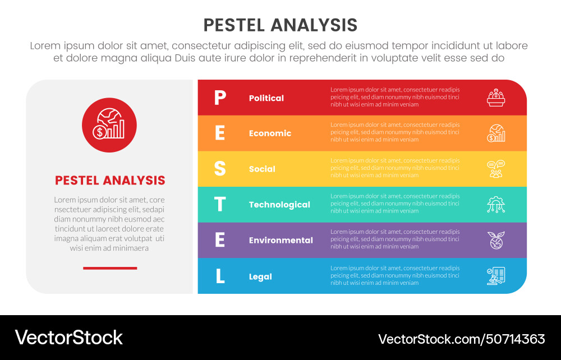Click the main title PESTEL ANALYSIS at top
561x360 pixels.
(x=280, y=25)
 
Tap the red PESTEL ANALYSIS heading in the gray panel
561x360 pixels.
(x=110, y=181)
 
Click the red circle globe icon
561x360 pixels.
(x=109, y=124)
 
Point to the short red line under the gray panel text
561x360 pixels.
(x=110, y=268)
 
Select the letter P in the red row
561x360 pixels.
(x=220, y=98)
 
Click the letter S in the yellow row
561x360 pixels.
(x=220, y=169)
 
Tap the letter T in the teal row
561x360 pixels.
(x=220, y=205)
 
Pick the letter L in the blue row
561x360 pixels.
(x=220, y=276)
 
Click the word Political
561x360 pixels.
(x=266, y=98)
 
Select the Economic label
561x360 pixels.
(x=270, y=133)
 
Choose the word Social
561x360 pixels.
(x=262, y=169)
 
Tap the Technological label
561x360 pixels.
(x=279, y=205)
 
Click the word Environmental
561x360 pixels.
(x=281, y=240)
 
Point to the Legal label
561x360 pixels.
(x=260, y=276)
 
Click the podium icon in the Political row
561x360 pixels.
(x=496, y=98)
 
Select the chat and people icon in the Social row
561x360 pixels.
(x=496, y=169)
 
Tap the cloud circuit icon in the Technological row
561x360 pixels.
(x=496, y=205)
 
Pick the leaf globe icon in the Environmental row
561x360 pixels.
(x=496, y=240)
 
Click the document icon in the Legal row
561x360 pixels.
(x=496, y=276)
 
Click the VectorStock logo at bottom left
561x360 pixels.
(x=68, y=338)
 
